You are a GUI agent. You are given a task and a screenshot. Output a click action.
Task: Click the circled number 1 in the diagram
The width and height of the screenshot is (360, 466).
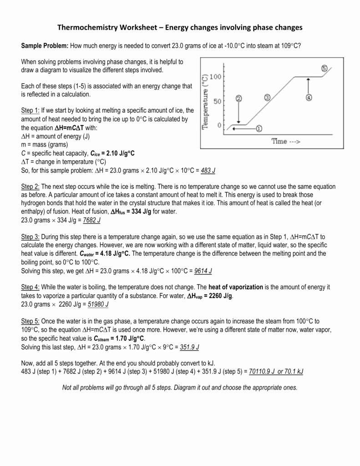click(x=259, y=128)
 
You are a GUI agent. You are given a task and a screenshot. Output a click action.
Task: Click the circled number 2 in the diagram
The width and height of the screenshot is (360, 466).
click(x=239, y=98)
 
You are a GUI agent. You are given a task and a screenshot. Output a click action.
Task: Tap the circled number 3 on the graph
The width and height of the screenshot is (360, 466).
click(x=267, y=98)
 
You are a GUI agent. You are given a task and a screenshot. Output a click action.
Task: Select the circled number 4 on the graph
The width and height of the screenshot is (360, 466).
click(x=309, y=97)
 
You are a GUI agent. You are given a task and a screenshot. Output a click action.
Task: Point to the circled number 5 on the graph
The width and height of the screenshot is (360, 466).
click(x=324, y=68)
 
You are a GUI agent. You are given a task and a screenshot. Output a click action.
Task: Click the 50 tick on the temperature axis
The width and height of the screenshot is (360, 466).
click(x=217, y=101)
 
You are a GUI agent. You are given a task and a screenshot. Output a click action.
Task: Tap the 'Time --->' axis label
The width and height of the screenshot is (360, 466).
click(x=286, y=142)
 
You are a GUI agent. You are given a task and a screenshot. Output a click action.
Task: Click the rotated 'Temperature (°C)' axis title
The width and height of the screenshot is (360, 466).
click(x=205, y=101)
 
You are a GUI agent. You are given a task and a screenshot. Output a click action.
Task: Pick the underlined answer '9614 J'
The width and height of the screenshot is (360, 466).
click(x=203, y=271)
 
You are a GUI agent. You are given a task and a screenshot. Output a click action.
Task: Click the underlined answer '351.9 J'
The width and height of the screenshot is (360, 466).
click(x=190, y=346)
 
